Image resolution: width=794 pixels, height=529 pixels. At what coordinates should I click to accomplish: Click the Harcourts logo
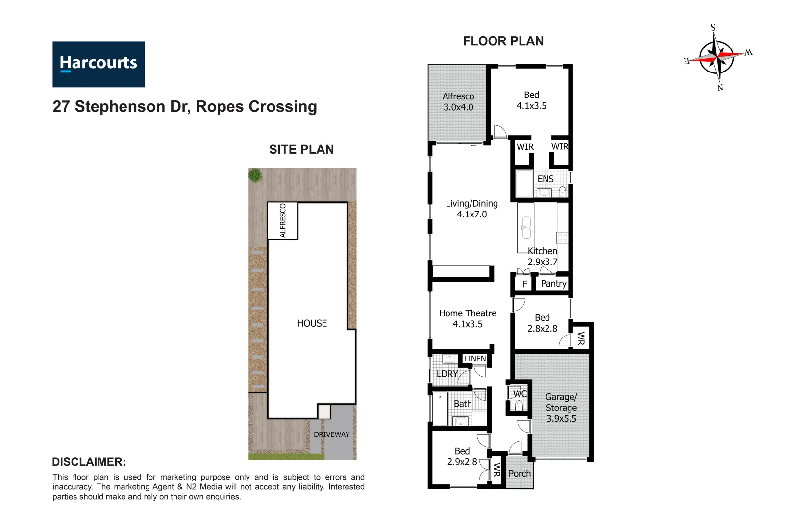click(99, 64)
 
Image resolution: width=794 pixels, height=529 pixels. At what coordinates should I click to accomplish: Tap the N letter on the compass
click(720, 88)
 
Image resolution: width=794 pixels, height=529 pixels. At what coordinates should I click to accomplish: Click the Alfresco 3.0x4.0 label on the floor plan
click(458, 102)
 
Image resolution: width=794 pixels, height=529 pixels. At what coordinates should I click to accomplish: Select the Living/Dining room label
click(471, 209)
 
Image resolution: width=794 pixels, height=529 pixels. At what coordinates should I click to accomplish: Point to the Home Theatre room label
click(468, 318)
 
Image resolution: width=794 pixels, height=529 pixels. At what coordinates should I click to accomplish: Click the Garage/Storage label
click(561, 408)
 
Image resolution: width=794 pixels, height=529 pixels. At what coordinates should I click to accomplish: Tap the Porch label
click(520, 474)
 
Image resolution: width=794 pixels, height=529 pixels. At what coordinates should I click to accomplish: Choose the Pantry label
click(553, 284)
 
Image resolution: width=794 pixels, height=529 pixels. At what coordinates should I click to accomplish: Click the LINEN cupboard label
click(474, 359)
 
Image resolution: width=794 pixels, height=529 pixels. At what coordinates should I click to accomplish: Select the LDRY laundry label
click(447, 374)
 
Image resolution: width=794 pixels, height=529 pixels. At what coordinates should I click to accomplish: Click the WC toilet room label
click(520, 394)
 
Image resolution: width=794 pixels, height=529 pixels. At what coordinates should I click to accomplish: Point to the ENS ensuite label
click(546, 179)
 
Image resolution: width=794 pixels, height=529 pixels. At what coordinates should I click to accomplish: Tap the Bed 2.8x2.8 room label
click(542, 323)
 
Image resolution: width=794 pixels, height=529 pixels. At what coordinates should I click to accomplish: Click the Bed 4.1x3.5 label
click(531, 100)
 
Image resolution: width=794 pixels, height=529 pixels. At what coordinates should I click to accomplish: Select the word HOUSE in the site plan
click(312, 323)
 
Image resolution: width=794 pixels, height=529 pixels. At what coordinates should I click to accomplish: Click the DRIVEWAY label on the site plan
click(332, 434)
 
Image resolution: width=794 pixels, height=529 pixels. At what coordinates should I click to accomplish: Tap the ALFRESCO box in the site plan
click(283, 220)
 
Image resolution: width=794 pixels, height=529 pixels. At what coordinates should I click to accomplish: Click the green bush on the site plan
click(255, 175)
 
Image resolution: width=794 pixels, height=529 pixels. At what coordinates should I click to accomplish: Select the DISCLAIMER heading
click(89, 462)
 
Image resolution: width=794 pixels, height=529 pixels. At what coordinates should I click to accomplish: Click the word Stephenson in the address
click(120, 107)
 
